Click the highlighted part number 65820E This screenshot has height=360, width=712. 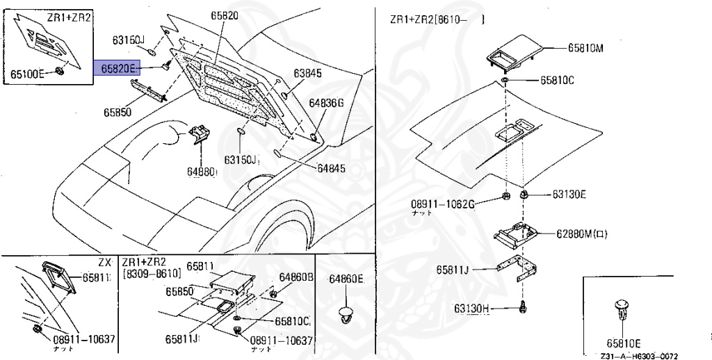[118, 67]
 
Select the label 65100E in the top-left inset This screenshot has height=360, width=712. [28, 72]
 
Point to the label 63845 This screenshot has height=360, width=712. [307, 73]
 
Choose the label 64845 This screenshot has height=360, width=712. [331, 167]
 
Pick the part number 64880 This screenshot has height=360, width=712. [202, 170]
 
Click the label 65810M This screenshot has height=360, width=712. [585, 48]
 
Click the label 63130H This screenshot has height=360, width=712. [473, 307]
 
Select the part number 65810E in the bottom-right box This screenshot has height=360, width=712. [623, 343]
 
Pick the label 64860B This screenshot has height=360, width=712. [297, 277]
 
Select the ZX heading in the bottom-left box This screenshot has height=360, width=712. [104, 262]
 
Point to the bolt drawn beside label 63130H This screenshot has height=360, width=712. [522, 306]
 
